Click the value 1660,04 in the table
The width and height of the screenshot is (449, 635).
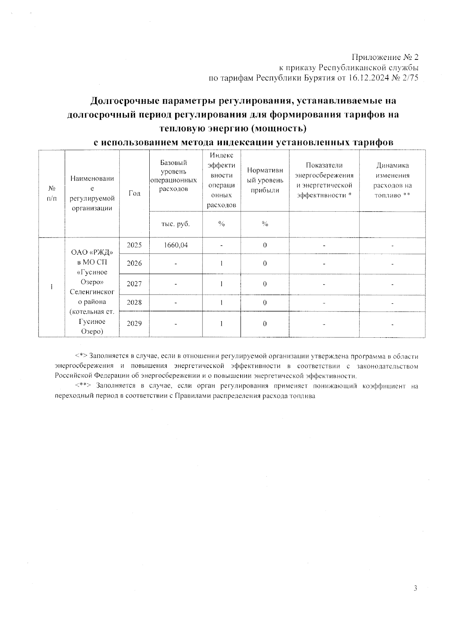point(176,245)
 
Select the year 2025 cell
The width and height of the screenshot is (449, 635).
point(134,245)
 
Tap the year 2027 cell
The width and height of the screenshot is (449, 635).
point(134,284)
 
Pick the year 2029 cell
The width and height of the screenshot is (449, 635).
point(134,323)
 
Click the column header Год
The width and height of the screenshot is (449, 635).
point(134,193)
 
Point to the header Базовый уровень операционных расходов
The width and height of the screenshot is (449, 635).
point(174,176)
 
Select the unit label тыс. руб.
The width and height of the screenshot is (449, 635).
point(175,224)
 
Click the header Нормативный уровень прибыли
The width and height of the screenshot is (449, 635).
point(265,180)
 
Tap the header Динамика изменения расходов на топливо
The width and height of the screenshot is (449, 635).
point(393,180)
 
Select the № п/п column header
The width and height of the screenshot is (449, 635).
point(52,193)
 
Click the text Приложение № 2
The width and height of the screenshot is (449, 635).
point(385,58)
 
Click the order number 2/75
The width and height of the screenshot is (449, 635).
point(410,78)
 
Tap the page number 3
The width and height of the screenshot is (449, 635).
point(415,588)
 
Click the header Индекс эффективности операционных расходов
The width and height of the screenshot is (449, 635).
point(222,180)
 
